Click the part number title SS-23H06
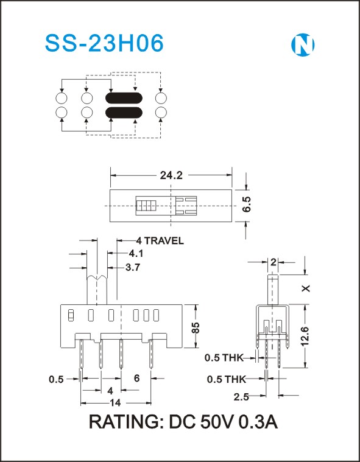104,43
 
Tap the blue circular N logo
303,45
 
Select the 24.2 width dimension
171,175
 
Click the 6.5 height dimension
247,204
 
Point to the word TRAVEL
164,240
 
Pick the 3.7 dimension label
133,268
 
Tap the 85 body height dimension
196,327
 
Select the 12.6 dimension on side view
305,336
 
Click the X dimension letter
306,288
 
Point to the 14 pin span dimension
115,403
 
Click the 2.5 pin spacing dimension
241,397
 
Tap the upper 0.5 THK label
224,358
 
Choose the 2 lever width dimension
274,262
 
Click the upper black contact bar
124,98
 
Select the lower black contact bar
124,113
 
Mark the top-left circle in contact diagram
62,98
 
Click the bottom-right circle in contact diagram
161,113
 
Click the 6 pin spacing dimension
136,379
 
